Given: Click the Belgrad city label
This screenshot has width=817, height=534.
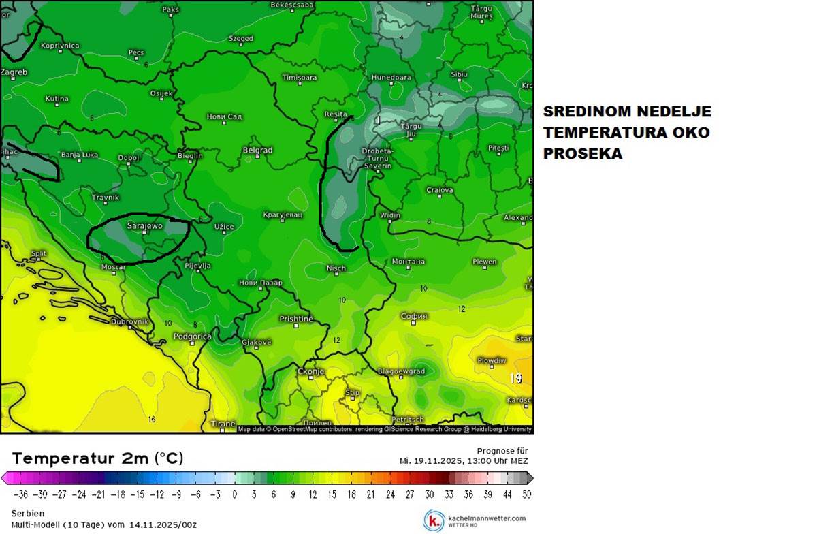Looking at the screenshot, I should [257, 150].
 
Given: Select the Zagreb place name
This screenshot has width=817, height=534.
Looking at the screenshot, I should [14, 72].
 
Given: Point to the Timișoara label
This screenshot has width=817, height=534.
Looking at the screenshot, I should [300, 78].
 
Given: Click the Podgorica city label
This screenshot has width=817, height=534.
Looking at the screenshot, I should [193, 336].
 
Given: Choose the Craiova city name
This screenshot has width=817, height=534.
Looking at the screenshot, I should [440, 190].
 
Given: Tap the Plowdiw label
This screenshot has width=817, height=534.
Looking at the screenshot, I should [492, 360].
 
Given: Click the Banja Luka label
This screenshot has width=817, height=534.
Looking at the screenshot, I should [80, 155].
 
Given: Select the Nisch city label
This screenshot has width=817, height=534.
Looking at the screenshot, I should [336, 268].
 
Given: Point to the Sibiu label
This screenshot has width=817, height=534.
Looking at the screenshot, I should [460, 74].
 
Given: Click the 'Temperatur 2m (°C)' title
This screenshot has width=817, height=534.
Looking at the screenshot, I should [97, 458].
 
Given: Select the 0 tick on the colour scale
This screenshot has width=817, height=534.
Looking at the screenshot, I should [235, 494].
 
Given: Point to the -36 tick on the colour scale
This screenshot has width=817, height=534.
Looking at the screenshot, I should [21, 494].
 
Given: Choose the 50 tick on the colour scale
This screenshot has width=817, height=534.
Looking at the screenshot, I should [526, 494].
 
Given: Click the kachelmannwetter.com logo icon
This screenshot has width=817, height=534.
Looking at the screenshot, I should [434, 520].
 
